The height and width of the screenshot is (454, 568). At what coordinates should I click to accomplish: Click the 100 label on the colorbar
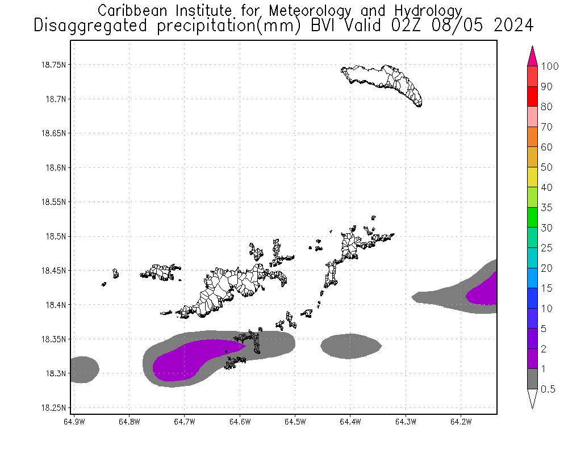click(x=550, y=66)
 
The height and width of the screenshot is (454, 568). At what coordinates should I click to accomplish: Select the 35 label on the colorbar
click(x=546, y=208)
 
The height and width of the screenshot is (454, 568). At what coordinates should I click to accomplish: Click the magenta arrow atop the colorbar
click(x=533, y=56)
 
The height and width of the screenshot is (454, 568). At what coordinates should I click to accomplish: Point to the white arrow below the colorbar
click(x=533, y=398)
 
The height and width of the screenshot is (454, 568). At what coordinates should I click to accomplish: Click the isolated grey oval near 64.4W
click(x=350, y=346)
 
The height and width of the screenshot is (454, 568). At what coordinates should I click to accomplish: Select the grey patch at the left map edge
click(x=82, y=369)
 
